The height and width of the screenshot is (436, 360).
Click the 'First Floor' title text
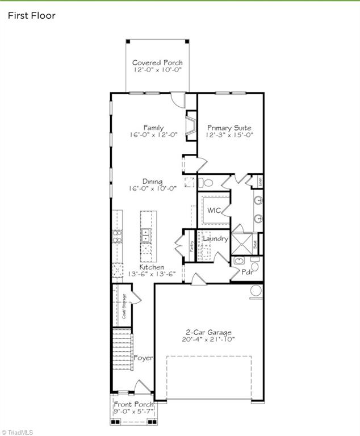pos(31,15)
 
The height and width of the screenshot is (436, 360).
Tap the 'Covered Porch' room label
pos(157,62)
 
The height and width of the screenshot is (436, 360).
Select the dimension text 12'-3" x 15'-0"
pos(229,135)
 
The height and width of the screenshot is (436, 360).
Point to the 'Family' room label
pos(153,128)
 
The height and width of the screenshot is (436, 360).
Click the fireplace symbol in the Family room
pos(191,125)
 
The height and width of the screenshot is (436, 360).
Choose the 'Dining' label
pos(153,182)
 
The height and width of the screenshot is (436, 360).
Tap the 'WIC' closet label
pos(214,210)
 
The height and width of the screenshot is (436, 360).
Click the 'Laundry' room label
pos(215,239)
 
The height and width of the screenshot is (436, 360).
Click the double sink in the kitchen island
pos(146,232)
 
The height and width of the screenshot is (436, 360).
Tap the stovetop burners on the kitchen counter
pos(118,236)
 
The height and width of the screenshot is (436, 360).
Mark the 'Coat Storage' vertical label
pos(124,306)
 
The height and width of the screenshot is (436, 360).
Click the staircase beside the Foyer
pos(122,349)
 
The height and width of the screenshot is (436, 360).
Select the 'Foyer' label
pos(143,358)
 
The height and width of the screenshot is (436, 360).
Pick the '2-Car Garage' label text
pos(210,333)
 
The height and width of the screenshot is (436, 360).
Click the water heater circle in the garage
pos(256,291)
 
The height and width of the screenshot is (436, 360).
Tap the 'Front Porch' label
pos(133,404)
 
